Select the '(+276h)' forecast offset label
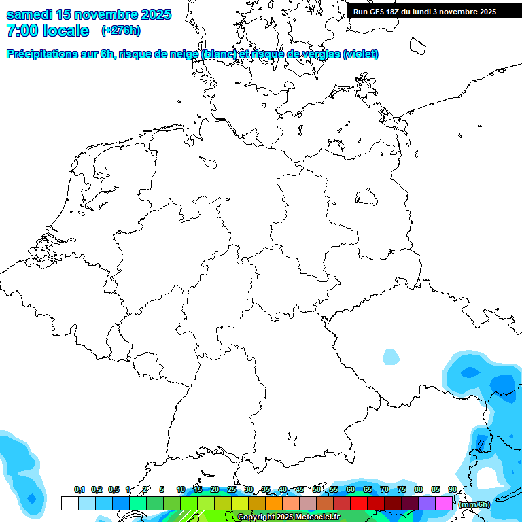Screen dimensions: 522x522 121,31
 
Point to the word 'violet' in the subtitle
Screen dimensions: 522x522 360,54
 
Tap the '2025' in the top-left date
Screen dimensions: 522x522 155,14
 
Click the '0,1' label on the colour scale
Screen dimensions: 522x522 80,489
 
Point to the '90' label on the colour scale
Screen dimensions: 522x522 453,489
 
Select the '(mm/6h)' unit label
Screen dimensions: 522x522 474,504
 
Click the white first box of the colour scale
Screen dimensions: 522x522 69,504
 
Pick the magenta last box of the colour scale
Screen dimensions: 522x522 444,504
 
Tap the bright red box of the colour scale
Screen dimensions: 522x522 359,504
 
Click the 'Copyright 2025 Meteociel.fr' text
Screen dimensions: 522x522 288,517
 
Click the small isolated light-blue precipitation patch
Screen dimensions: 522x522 391,357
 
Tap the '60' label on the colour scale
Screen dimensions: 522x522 351,489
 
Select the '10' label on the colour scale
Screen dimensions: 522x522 181,489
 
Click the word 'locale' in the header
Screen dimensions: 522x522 65,31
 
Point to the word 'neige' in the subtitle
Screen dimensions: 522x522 183,54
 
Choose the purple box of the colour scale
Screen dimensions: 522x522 427,504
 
